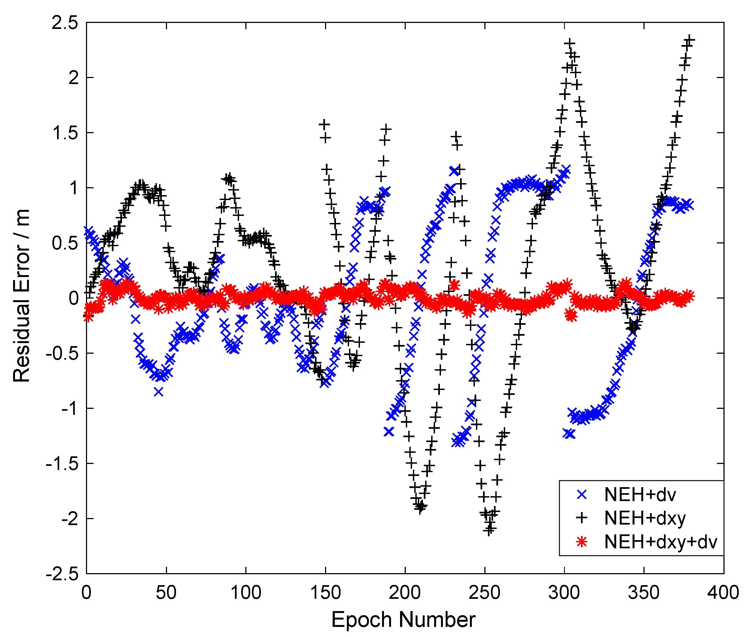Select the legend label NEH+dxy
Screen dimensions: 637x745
645,518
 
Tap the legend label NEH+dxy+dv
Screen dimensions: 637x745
661,542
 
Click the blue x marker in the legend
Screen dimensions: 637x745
582,495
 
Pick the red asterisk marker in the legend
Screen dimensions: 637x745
582,542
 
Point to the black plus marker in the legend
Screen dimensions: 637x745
582,518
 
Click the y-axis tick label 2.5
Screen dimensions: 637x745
65,23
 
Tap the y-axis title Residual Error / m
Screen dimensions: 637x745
22,296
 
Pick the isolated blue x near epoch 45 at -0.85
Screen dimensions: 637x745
159,392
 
